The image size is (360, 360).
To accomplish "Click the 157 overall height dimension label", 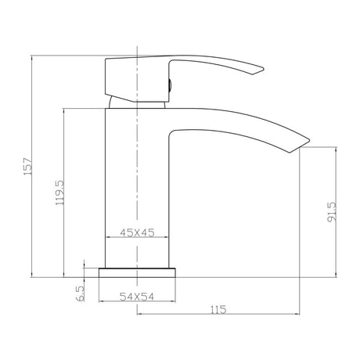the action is (x=28, y=166).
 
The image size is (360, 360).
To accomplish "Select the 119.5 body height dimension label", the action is (x=59, y=193).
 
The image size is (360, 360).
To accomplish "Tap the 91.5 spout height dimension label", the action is (x=332, y=211).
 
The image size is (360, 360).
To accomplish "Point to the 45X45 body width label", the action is (x=137, y=232).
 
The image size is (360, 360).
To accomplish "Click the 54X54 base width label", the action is (x=137, y=297).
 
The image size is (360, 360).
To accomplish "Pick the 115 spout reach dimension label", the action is (x=218, y=310).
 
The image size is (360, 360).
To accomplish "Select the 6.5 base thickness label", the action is (x=81, y=293).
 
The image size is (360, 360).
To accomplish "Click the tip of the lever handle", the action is (x=264, y=70).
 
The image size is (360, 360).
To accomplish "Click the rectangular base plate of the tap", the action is (x=137, y=272).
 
